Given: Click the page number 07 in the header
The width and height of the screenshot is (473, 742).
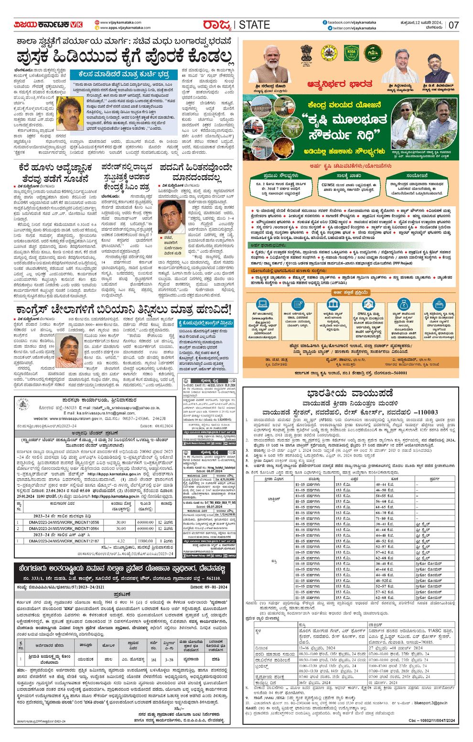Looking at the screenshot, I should pos(453,25).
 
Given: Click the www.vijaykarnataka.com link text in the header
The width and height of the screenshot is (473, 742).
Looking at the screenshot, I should pos(121,22).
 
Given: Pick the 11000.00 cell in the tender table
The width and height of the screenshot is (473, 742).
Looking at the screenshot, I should pos(145,541).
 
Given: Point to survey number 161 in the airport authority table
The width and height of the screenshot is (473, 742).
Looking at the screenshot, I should pos(153,659).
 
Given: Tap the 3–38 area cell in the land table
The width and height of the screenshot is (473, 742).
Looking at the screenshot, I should pos(169,659).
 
